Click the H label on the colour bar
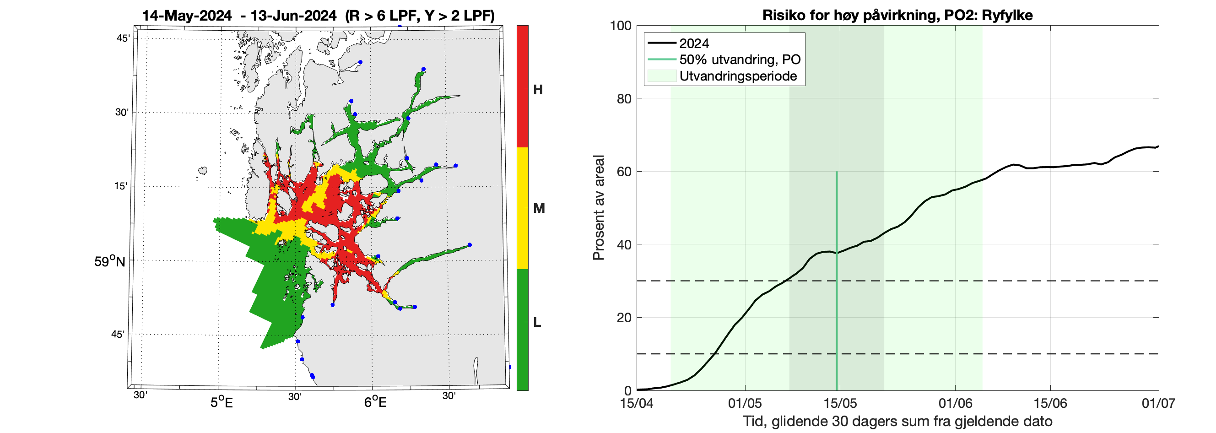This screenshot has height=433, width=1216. pyautogui.click(x=538, y=90)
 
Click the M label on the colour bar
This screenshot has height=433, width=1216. pyautogui.click(x=539, y=208)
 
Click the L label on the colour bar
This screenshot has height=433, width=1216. pyautogui.click(x=537, y=323)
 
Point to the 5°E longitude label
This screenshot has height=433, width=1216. pyautogui.click(x=222, y=402)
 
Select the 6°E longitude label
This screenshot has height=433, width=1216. pyautogui.click(x=375, y=402)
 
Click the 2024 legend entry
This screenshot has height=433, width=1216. pyautogui.click(x=694, y=43)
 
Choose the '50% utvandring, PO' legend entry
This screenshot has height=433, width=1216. pyautogui.click(x=740, y=60)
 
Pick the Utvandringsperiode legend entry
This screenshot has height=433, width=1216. pyautogui.click(x=738, y=76)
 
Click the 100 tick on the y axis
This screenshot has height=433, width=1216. pyautogui.click(x=620, y=26)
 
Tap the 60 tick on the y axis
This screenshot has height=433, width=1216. pyautogui.click(x=624, y=171)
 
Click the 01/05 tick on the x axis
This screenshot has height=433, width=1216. pyautogui.click(x=745, y=403)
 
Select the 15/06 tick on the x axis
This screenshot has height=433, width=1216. pyautogui.click(x=1050, y=403)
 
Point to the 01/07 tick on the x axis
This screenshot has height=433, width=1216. pyautogui.click(x=1158, y=403)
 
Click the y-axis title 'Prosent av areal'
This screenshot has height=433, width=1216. pyautogui.click(x=599, y=208)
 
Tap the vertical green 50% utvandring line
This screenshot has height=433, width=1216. pyautogui.click(x=837, y=283)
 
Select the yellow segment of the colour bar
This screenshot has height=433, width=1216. pyautogui.click(x=523, y=208)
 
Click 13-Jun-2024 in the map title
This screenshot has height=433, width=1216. pyautogui.click(x=293, y=16)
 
